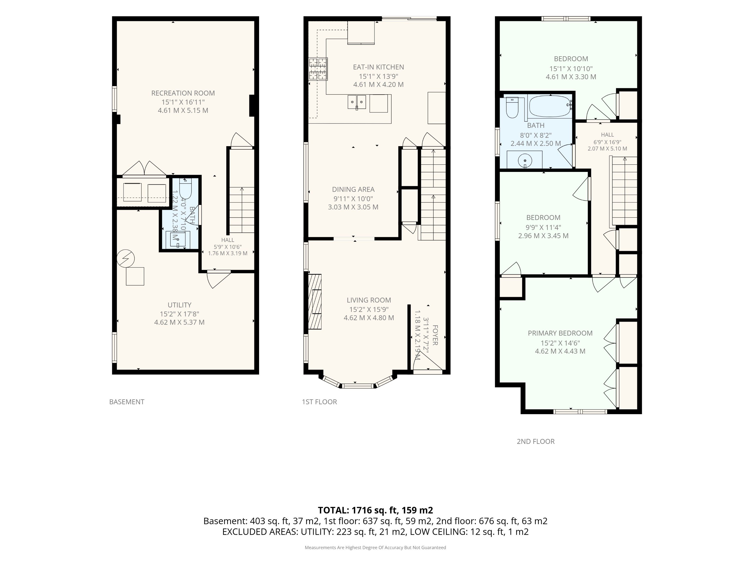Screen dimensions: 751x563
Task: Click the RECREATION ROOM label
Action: tap(183, 93)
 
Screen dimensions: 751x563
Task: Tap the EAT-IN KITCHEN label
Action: tap(378, 67)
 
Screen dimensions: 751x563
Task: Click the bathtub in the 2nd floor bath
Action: tap(550, 106)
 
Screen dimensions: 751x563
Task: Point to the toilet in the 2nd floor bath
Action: tap(512, 107)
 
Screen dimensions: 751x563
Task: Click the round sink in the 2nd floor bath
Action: tap(525, 160)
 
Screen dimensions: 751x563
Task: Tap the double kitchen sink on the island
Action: tap(357, 102)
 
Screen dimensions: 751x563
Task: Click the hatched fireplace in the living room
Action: tap(315, 302)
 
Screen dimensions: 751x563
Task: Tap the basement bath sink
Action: tap(177, 239)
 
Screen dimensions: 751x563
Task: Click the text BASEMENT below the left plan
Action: tap(127, 402)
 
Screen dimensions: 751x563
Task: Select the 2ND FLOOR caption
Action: tap(536, 441)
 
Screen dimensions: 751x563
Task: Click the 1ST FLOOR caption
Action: tap(319, 402)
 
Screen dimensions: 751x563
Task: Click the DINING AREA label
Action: tap(353, 189)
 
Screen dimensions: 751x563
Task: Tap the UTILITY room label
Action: tap(179, 305)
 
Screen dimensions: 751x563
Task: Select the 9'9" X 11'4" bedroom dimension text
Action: tap(543, 227)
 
